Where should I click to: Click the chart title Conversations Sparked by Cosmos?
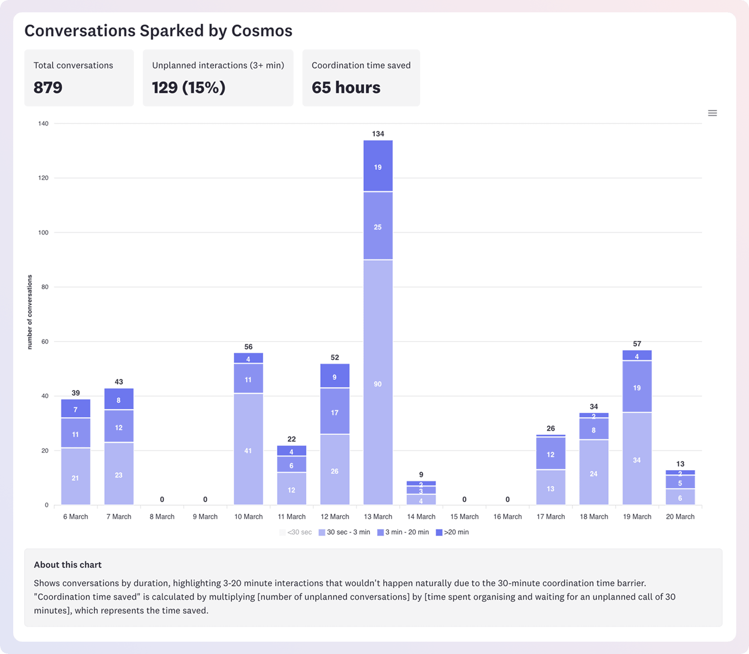click(158, 31)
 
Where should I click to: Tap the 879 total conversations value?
click(48, 88)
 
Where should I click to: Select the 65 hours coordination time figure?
click(346, 88)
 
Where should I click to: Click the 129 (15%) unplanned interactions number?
click(188, 88)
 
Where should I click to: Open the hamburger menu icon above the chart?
click(712, 113)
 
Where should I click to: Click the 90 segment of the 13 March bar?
click(378, 384)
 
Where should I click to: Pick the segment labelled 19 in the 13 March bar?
click(378, 167)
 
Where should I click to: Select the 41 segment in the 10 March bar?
click(248, 450)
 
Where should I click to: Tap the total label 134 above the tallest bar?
click(378, 134)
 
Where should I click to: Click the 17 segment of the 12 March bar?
click(335, 412)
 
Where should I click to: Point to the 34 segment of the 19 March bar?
click(637, 460)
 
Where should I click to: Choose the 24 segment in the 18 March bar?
click(594, 474)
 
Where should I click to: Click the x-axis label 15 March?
click(464, 517)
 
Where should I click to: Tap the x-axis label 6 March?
click(76, 517)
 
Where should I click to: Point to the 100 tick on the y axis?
click(43, 232)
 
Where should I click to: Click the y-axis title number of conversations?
click(30, 312)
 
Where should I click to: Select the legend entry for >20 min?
click(452, 532)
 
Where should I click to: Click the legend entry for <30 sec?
click(295, 532)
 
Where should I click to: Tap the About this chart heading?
click(68, 565)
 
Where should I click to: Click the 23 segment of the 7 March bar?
click(119, 475)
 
